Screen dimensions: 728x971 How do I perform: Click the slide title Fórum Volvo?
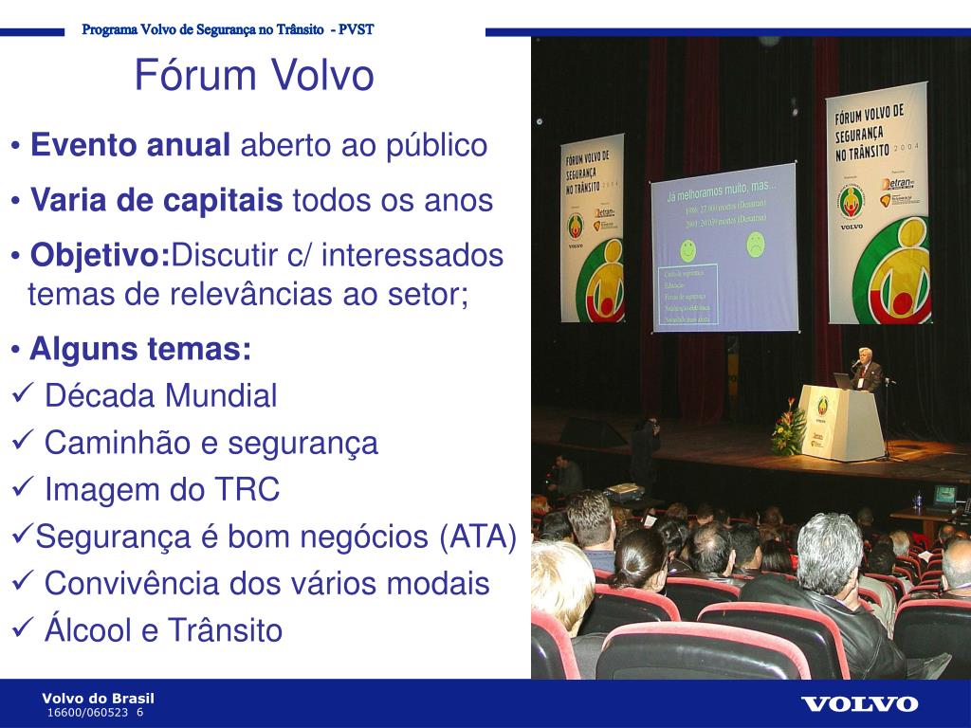[254, 76]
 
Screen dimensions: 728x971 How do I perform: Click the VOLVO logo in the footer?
[859, 703]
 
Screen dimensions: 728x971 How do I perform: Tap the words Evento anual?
[130, 146]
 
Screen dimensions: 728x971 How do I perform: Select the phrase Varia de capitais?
[156, 201]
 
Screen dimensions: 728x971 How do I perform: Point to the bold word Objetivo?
[100, 256]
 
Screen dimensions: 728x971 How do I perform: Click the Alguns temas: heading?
[140, 350]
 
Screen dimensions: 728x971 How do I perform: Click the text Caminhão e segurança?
[211, 443]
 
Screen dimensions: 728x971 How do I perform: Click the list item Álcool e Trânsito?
[163, 630]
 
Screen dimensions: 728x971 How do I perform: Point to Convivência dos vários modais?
[266, 584]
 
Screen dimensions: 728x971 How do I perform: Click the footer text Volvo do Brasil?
[98, 699]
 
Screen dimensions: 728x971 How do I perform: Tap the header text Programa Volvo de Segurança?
[191, 29]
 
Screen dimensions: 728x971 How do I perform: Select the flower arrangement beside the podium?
[787, 428]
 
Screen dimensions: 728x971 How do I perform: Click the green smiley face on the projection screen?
[688, 251]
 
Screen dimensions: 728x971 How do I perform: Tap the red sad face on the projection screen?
[755, 246]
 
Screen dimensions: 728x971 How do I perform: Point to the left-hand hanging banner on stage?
[592, 227]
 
